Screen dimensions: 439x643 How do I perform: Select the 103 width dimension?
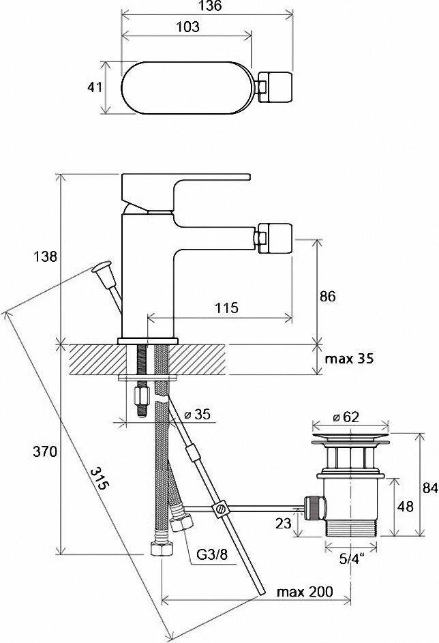(187, 27)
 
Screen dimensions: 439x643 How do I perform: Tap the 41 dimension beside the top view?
(95, 88)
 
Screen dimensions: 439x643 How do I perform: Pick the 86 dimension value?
(328, 297)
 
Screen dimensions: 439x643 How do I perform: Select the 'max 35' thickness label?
(348, 359)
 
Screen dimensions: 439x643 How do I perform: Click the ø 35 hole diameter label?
(199, 413)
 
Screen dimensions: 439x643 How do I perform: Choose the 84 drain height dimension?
(429, 488)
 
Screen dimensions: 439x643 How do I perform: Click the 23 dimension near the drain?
(284, 524)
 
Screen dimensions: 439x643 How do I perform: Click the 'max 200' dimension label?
(305, 591)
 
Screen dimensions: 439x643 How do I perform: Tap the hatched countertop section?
(95, 359)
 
